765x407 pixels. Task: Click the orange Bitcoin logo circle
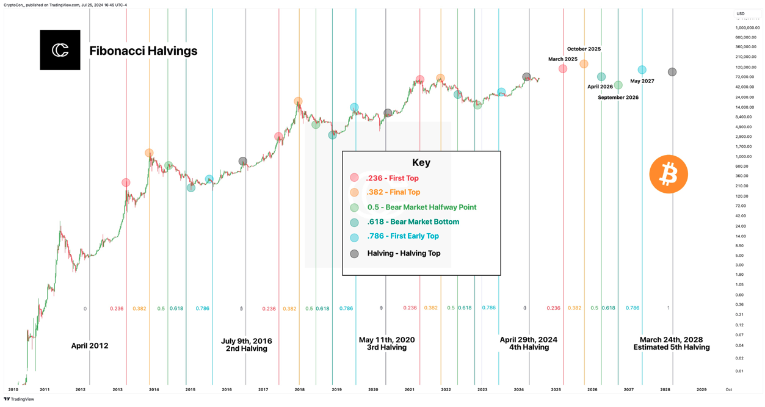pyautogui.click(x=669, y=175)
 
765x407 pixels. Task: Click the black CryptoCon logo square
pyautogui.click(x=60, y=50)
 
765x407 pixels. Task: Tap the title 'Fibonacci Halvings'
pyautogui.click(x=143, y=51)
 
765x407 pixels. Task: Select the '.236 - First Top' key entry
pyautogui.click(x=393, y=178)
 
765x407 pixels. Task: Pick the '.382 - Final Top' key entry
pyautogui.click(x=393, y=192)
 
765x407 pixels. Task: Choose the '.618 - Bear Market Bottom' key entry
pyautogui.click(x=413, y=222)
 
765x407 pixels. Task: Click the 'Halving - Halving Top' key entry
pyautogui.click(x=404, y=253)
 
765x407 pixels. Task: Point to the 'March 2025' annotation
pyautogui.click(x=562, y=59)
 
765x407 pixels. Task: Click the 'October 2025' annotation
pyautogui.click(x=584, y=49)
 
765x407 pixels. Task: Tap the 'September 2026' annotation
pyautogui.click(x=618, y=98)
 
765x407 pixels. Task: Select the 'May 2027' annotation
pyautogui.click(x=642, y=81)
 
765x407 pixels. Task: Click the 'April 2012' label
pyautogui.click(x=90, y=346)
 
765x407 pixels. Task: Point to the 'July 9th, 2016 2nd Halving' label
pyautogui.click(x=246, y=345)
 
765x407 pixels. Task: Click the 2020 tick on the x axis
pyautogui.click(x=373, y=389)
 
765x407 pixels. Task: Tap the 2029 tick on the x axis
pyautogui.click(x=702, y=389)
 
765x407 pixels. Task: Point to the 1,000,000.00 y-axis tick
pyautogui.click(x=747, y=27)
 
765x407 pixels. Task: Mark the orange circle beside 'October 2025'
pyautogui.click(x=584, y=64)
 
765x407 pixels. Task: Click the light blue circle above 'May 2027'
pyautogui.click(x=642, y=70)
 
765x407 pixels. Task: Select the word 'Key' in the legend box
pyautogui.click(x=421, y=162)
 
